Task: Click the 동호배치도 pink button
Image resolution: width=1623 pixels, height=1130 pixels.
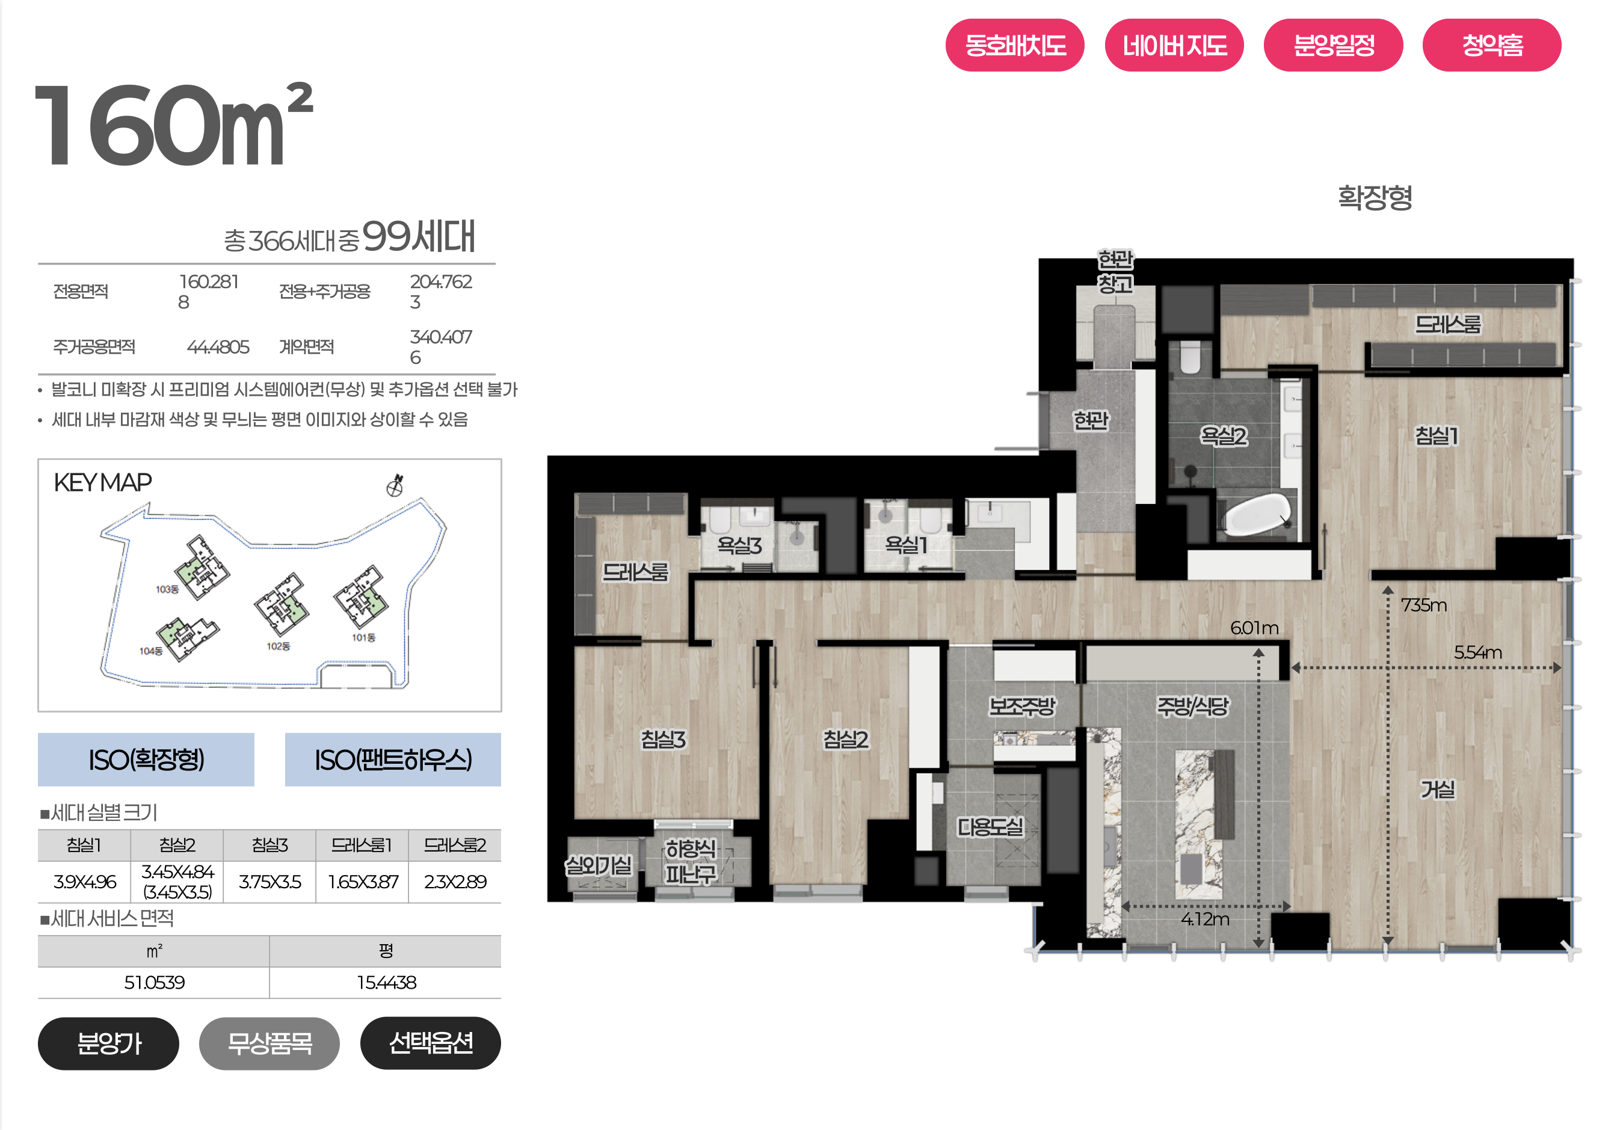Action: (x=1014, y=45)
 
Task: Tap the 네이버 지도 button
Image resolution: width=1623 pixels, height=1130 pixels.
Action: (x=1174, y=45)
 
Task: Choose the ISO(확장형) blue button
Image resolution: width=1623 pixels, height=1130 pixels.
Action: (x=146, y=760)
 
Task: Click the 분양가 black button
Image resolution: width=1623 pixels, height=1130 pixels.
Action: (x=108, y=1043)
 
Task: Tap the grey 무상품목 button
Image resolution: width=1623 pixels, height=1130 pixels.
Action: (x=269, y=1043)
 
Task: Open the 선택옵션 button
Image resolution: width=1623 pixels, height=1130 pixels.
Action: (x=431, y=1043)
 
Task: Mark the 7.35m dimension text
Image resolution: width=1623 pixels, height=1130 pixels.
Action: (x=1424, y=605)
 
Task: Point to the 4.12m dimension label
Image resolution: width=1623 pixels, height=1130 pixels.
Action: (x=1206, y=919)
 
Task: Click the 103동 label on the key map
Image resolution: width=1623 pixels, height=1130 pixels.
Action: (x=167, y=589)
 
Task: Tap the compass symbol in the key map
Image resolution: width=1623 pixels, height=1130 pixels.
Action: (x=395, y=485)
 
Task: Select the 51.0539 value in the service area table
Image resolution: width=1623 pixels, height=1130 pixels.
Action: (x=154, y=982)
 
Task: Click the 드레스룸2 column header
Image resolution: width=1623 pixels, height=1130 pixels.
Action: (x=455, y=845)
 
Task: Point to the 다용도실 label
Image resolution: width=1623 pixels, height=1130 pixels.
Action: (x=990, y=827)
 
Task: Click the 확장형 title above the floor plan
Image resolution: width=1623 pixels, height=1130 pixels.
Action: (x=1375, y=197)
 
